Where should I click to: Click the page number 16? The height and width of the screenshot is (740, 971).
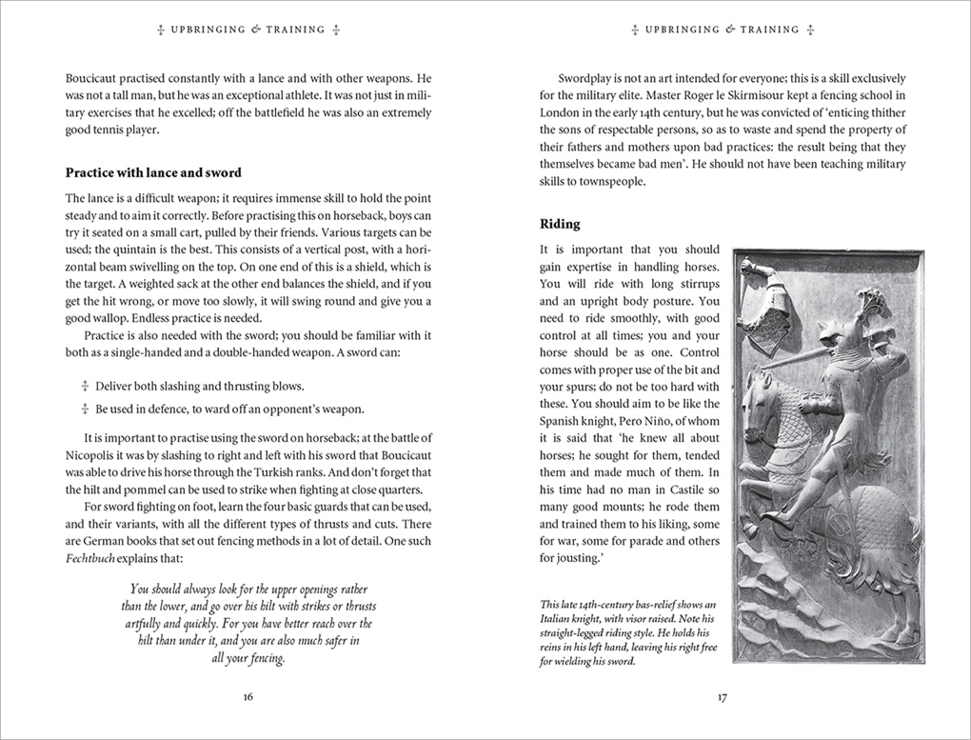coord(248,696)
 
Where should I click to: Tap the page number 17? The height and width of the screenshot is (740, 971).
coord(723,696)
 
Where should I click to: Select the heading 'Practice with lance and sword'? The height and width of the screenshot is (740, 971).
coord(153,172)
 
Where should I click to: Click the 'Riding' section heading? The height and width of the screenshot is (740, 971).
coord(560,224)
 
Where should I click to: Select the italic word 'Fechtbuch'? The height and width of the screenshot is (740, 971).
coord(90,557)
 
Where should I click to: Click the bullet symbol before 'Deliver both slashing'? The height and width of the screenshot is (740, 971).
coord(85,387)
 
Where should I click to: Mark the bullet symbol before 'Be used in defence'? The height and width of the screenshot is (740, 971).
coord(85,409)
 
